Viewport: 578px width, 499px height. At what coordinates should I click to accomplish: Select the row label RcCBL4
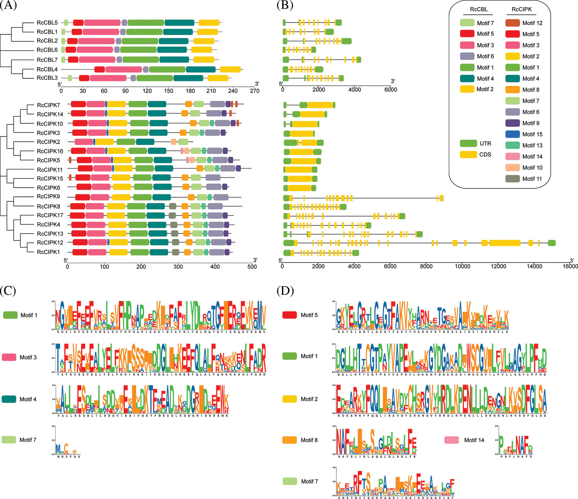(x=47, y=69)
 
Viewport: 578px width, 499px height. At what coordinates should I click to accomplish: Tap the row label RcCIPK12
(x=50, y=243)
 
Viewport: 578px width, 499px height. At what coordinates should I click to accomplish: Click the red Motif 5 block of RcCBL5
(x=78, y=23)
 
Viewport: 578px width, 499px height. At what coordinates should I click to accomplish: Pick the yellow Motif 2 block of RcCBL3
(x=218, y=78)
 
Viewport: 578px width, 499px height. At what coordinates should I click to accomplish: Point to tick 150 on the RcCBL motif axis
(x=169, y=91)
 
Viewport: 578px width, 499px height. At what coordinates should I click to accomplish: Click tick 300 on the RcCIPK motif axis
(x=178, y=267)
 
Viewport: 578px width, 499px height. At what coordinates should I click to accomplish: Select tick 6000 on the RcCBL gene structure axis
(x=391, y=90)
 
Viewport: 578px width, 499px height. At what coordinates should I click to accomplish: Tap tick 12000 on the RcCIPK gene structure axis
(x=498, y=266)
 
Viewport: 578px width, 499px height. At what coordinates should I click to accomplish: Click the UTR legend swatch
(x=468, y=143)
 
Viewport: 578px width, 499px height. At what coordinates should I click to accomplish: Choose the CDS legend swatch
(x=468, y=154)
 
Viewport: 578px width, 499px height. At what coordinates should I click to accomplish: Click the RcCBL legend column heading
(x=479, y=9)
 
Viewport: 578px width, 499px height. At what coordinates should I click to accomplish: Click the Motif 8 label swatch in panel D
(x=290, y=440)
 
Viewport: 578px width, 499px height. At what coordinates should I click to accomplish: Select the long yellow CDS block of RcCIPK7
(x=320, y=105)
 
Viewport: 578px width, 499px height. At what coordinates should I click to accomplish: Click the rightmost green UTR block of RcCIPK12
(x=552, y=243)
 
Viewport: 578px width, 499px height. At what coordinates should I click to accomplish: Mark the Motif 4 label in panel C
(x=28, y=399)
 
